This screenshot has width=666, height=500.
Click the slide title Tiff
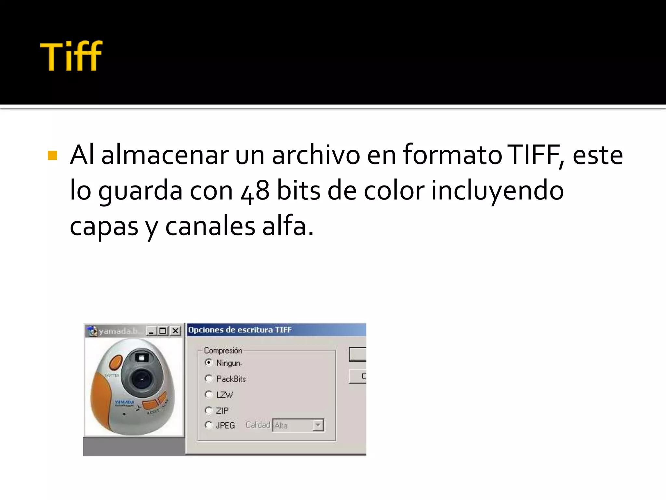point(71,56)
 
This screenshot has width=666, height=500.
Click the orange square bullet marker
point(52,156)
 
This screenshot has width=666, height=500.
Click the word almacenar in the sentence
point(165,156)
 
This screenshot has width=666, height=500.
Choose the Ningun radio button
point(209,363)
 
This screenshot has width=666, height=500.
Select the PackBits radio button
point(209,379)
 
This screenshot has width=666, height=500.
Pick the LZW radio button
point(209,395)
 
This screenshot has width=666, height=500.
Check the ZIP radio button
point(209,410)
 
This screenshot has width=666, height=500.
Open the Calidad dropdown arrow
point(318,425)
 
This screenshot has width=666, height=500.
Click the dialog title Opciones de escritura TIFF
point(240,330)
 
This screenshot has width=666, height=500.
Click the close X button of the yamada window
point(175,331)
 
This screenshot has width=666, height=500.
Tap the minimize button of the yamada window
point(151,331)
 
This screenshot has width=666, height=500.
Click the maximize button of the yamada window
point(163,331)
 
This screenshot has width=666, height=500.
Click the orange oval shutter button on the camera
point(115,363)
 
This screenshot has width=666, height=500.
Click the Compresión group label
point(223,351)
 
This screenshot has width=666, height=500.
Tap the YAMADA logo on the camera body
point(124,403)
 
